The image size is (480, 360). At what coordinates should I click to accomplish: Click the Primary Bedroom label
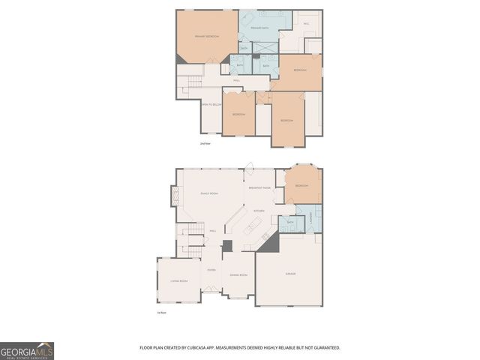click(x=205, y=37)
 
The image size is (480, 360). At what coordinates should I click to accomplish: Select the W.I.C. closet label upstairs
click(x=306, y=24)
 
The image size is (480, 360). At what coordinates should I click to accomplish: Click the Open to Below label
click(x=211, y=104)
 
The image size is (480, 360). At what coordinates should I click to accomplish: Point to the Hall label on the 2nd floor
click(x=236, y=80)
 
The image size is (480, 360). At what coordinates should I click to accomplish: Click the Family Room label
click(x=208, y=193)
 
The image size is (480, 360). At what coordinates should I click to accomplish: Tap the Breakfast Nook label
click(x=259, y=187)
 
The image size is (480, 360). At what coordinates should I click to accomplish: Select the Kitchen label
click(x=259, y=211)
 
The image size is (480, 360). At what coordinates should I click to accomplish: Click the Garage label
click(x=290, y=274)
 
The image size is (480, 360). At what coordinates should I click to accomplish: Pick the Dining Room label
click(x=238, y=275)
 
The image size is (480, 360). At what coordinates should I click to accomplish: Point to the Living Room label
click(x=178, y=281)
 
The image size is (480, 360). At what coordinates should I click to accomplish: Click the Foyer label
click(x=211, y=268)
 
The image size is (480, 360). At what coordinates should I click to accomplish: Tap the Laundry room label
click(x=310, y=218)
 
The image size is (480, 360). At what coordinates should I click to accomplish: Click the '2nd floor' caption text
click(x=205, y=142)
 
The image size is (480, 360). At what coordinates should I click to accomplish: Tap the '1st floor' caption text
click(x=161, y=312)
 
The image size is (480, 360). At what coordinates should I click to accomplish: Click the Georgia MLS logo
click(x=27, y=351)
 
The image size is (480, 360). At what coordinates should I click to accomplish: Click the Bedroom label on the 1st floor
click(x=301, y=185)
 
